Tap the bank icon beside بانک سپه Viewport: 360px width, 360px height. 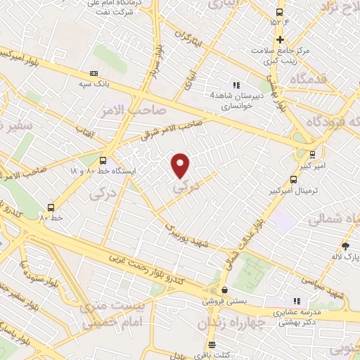(94, 74)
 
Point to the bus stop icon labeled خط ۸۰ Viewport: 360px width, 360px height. (50, 207)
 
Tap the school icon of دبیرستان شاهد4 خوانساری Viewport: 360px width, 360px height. (236, 84)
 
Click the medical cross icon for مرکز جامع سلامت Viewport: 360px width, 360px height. (280, 39)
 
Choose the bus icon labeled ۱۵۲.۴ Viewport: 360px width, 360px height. (280, 12)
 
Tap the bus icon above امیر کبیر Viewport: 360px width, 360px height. (311, 154)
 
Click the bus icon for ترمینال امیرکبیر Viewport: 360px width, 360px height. (293, 179)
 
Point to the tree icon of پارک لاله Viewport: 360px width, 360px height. (345, 245)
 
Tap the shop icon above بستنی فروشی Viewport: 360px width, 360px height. (224, 290)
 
